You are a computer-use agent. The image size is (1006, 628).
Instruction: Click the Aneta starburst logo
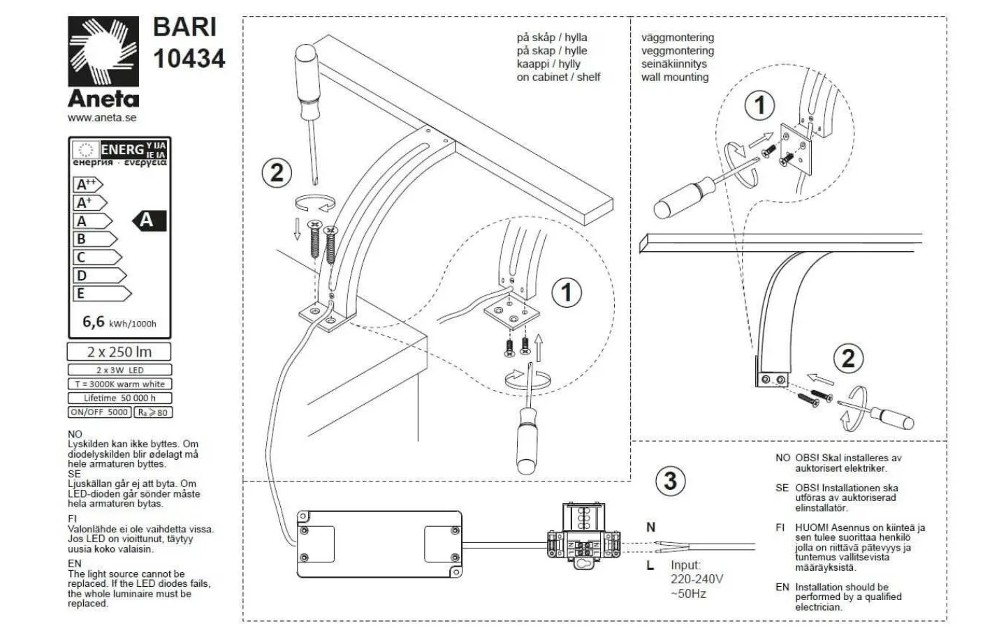point(103,52)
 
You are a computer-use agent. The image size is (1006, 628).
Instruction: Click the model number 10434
point(189,59)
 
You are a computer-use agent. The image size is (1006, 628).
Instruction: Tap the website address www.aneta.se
point(102,117)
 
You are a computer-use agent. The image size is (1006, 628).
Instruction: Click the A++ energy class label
point(87,185)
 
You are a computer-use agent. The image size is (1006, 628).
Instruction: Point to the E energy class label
point(101,294)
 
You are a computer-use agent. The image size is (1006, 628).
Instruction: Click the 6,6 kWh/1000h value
point(119,322)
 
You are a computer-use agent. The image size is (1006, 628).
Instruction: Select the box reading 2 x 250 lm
point(119,352)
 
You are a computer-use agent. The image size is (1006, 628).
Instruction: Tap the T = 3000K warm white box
point(119,384)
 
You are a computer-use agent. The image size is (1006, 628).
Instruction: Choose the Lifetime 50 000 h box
point(119,398)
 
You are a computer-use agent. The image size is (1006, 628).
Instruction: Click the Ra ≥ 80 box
point(153,412)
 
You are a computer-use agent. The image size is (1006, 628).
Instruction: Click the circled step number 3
point(670,481)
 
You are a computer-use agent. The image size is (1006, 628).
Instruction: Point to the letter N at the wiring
point(650,528)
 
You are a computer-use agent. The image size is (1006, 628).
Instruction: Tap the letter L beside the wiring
point(650,565)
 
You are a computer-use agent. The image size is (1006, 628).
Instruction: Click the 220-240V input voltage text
point(697,579)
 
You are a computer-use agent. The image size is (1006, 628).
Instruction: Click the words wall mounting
point(675,77)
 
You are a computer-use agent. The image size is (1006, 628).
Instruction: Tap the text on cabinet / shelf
point(558,77)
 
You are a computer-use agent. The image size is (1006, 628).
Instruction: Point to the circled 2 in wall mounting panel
point(847,359)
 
